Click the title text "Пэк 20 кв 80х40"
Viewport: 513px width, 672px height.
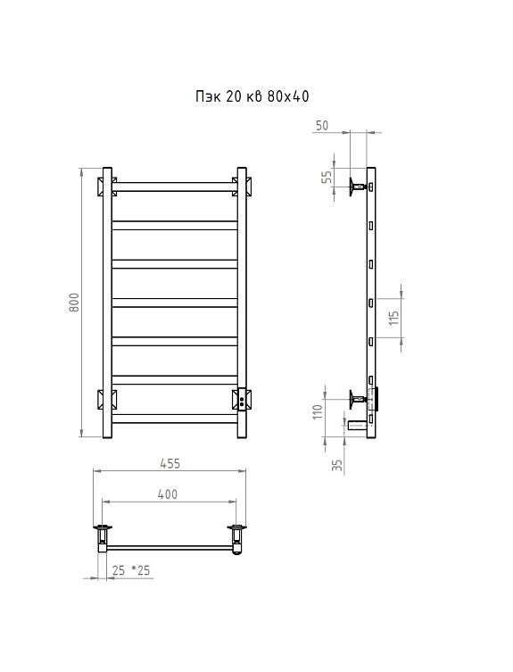click(x=252, y=96)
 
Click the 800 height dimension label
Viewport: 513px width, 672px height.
click(x=74, y=303)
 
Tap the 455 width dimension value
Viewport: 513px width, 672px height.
click(x=170, y=463)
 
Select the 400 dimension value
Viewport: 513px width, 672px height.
click(x=167, y=494)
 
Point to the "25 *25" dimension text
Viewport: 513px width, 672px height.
click(x=131, y=570)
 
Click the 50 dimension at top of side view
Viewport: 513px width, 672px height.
click(x=322, y=125)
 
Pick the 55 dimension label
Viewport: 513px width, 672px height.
click(x=327, y=177)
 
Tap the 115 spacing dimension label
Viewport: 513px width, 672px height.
click(x=393, y=318)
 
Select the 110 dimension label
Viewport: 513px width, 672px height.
click(x=318, y=412)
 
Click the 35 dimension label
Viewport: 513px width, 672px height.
click(x=338, y=466)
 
